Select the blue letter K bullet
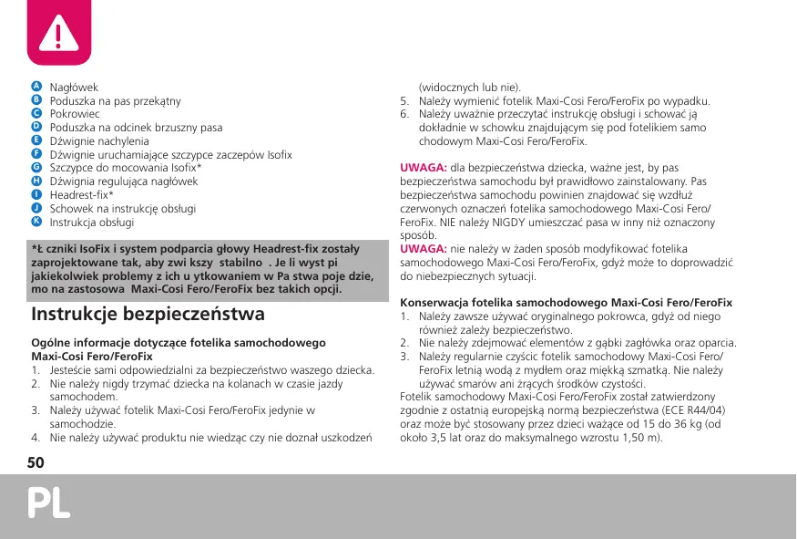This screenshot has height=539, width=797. [x=36, y=222]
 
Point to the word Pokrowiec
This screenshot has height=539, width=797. [x=75, y=114]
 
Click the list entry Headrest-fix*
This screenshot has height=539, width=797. [x=82, y=195]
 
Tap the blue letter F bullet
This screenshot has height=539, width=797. [x=36, y=154]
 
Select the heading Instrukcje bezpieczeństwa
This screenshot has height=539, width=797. [x=148, y=315]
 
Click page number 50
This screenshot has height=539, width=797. [x=36, y=462]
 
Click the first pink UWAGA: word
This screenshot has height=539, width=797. [x=424, y=168]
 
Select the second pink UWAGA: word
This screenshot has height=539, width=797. [x=424, y=249]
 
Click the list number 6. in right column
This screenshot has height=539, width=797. [x=405, y=115]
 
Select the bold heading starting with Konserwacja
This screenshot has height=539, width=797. [x=567, y=302]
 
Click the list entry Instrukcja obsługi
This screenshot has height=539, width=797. [x=92, y=223]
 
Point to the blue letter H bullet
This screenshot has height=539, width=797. [x=36, y=181]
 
